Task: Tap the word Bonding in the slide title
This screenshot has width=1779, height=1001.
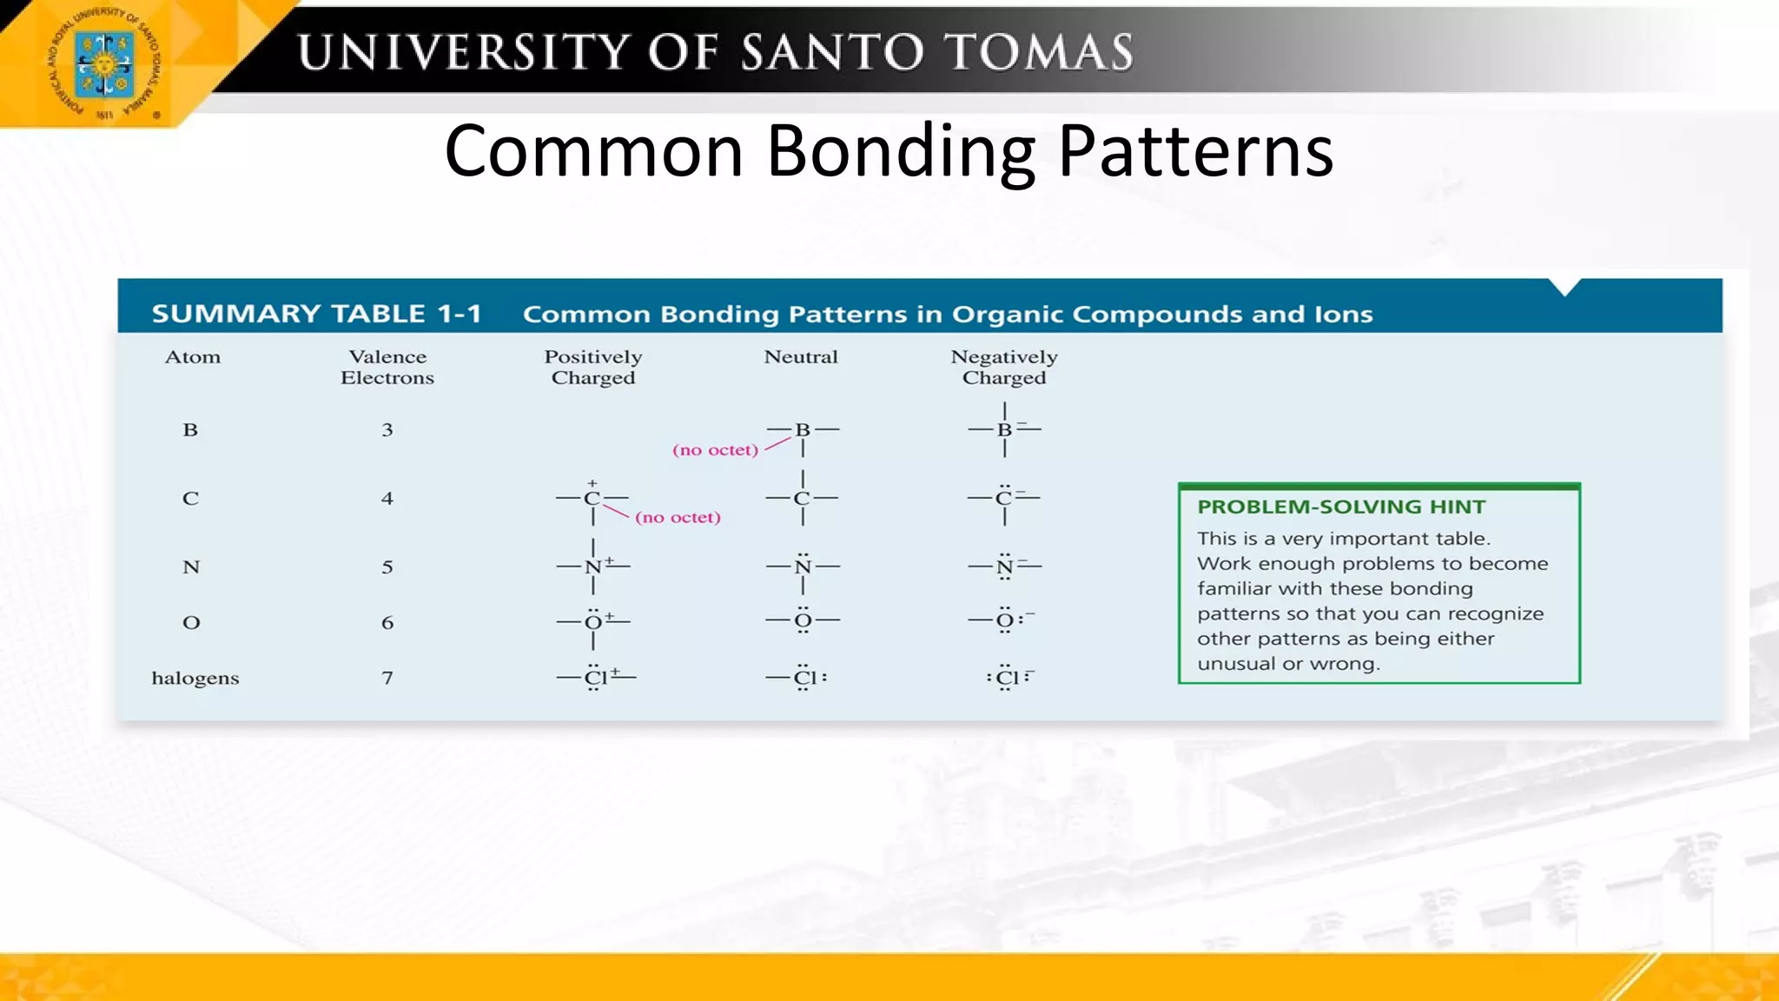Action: pos(901,151)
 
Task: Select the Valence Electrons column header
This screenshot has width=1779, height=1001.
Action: pos(387,367)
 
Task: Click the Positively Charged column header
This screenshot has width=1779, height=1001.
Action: pos(593,367)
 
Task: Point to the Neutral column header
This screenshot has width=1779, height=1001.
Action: pos(801,356)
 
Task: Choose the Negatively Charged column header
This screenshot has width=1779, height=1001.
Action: pos(1004,367)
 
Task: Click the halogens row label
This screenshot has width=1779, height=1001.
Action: pos(195,678)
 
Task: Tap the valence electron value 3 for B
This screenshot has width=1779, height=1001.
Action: pos(387,429)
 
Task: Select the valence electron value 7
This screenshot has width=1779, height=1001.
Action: pos(387,678)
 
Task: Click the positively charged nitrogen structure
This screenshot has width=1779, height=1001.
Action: pos(594,567)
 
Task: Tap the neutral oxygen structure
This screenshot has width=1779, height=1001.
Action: pos(803,621)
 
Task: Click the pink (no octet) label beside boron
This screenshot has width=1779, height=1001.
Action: pos(715,450)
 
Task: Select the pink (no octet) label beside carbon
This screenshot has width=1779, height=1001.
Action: pos(678,518)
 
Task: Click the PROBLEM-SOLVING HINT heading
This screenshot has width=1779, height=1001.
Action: pos(1341,507)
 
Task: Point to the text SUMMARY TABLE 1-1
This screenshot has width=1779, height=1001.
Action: pos(316,314)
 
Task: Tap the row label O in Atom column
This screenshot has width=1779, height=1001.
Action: pos(191,622)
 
